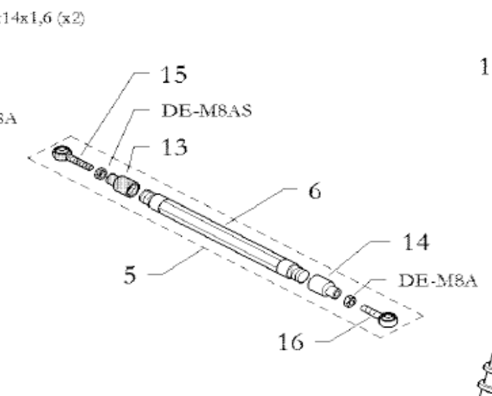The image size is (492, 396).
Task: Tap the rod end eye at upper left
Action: click(x=62, y=153)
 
